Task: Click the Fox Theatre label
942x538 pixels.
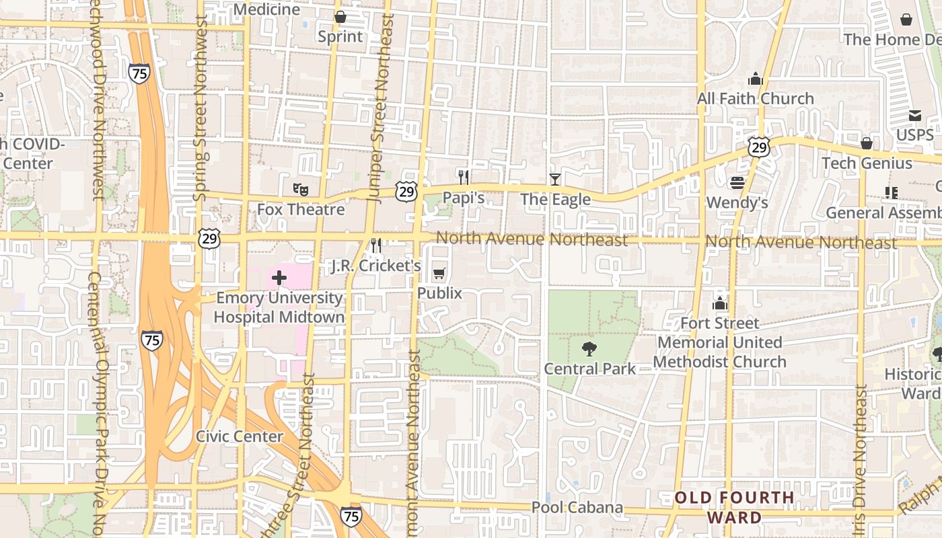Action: [x=301, y=209]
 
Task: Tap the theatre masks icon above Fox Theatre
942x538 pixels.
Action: [x=300, y=190]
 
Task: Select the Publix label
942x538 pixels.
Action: [x=439, y=293]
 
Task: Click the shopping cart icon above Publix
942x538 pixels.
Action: [x=439, y=273]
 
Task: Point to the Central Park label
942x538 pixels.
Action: [x=589, y=369]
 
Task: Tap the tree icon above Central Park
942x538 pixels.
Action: [x=589, y=348]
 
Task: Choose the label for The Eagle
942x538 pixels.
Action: [x=555, y=200]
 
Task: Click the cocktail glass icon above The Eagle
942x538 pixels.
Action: [x=554, y=179]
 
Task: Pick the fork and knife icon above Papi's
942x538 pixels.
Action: [x=464, y=178]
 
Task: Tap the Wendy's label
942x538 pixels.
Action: [x=737, y=202]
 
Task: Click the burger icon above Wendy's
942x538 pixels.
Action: [x=737, y=182]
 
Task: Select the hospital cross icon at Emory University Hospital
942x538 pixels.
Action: [x=279, y=277]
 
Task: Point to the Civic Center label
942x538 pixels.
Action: [x=240, y=436]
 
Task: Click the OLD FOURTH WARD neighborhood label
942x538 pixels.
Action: [x=734, y=508]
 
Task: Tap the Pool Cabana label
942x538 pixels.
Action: [x=577, y=508]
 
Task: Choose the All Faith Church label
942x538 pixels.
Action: [x=755, y=99]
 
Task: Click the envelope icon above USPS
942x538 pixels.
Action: [x=915, y=116]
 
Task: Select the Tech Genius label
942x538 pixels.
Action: [x=867, y=163]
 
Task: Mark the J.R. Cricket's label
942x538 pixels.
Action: [x=376, y=266]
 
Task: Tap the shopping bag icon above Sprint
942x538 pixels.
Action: [x=340, y=17]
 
